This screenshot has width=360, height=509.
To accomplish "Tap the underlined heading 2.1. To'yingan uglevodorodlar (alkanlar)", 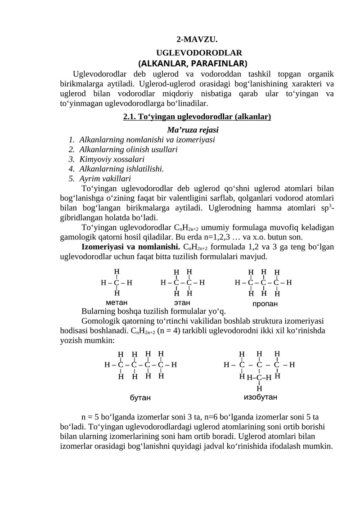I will point(197,117).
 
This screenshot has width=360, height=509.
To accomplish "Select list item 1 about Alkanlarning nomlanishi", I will point(147,140).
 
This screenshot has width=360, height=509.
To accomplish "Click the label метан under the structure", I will point(117,302).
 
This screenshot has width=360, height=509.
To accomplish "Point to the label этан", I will point(182,302).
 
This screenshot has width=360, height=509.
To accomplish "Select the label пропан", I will point(265,304).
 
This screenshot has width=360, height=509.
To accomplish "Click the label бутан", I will point(140,398).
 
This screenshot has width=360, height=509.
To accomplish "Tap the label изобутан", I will point(260,397).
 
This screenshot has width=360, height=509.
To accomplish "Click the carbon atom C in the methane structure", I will point(117,283).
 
